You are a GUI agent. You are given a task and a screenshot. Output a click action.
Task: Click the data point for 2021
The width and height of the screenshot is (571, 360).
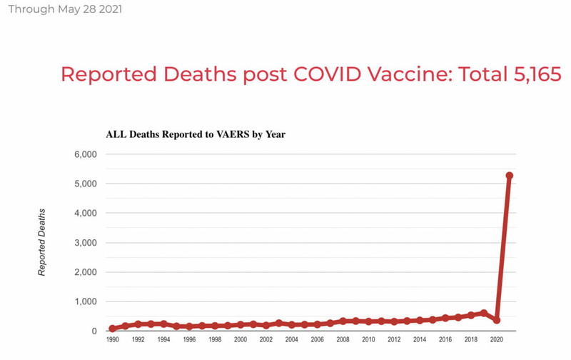(509, 176)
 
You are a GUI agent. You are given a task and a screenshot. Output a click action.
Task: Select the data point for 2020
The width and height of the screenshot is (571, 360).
(496, 320)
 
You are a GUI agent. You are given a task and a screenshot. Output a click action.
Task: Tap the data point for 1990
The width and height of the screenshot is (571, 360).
(113, 329)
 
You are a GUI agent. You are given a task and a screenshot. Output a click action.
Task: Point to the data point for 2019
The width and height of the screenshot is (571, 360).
(484, 313)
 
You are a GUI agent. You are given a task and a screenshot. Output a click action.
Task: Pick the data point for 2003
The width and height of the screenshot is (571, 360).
(279, 323)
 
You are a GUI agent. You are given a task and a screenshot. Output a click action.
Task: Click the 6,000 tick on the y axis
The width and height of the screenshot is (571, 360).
(86, 154)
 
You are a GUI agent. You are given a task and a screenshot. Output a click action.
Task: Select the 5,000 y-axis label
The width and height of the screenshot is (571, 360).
(86, 184)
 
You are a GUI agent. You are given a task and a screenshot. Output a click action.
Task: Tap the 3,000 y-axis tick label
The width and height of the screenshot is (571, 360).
(86, 243)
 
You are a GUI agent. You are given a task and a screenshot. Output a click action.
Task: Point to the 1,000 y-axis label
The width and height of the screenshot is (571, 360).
(86, 301)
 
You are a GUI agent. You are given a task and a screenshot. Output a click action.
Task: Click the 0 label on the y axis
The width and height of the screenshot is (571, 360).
(94, 331)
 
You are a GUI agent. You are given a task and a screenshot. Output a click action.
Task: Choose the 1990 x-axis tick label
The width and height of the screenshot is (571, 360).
(113, 339)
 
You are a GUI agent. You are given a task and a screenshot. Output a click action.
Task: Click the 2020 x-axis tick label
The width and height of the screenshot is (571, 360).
(496, 339)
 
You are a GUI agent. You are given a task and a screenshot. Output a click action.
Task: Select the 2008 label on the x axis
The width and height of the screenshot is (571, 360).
(343, 339)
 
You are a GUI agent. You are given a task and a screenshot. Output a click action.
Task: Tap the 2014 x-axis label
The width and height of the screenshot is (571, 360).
(420, 339)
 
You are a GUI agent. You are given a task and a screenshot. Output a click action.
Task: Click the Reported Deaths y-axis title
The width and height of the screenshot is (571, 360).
(42, 242)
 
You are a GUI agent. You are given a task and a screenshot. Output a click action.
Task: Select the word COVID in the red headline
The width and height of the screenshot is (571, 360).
(328, 74)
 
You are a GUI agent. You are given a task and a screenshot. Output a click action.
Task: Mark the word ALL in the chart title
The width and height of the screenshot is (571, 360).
(116, 134)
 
